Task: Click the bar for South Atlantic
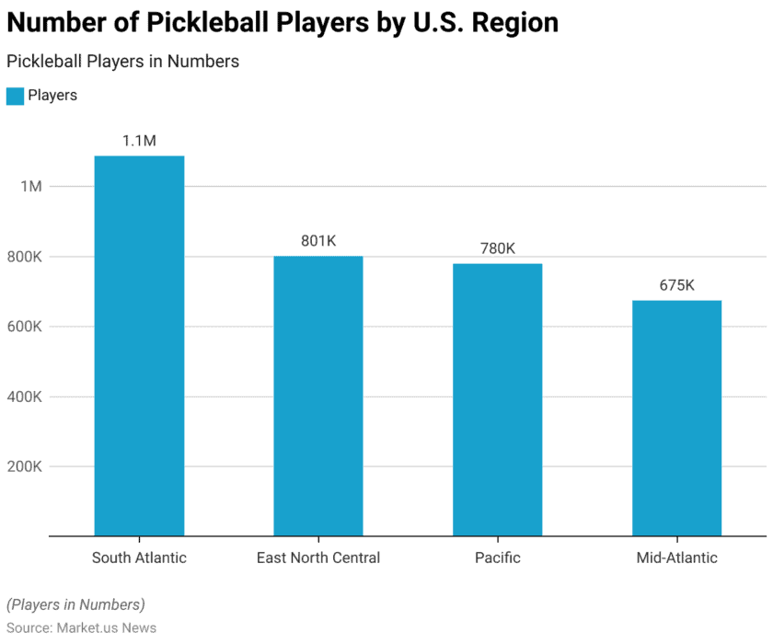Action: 139,345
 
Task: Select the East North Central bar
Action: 318,396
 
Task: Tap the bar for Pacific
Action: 497,399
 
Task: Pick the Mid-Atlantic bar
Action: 676,418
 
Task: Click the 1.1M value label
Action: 139,141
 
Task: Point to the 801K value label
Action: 318,241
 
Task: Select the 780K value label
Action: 497,248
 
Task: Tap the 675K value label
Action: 676,285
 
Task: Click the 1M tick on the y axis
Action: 31,187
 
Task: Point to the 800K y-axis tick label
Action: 25,257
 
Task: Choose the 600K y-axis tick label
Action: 25,327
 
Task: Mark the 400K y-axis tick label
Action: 25,397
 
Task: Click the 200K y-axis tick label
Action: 25,466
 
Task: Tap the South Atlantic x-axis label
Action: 139,558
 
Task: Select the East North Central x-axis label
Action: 318,558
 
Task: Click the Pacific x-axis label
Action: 497,558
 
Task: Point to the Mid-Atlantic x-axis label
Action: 676,558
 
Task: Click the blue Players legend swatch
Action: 15,96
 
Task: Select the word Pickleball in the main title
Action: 211,22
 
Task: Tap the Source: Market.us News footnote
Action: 81,627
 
